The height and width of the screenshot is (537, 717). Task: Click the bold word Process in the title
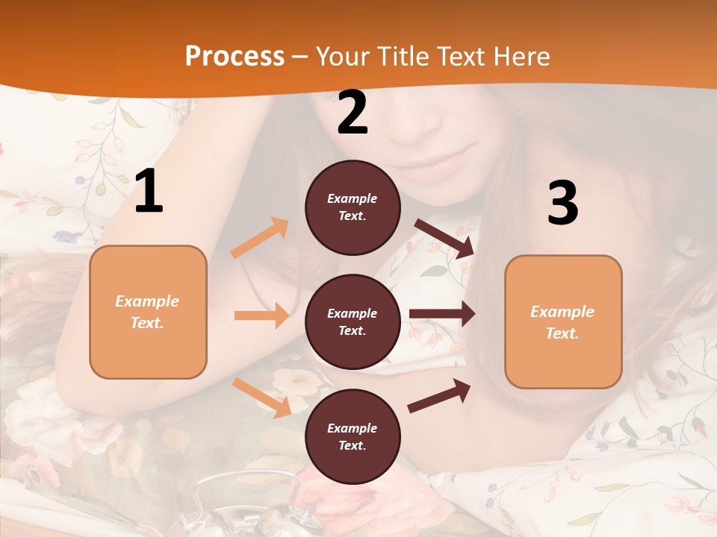pyautogui.click(x=235, y=57)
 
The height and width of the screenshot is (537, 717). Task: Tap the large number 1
pyautogui.click(x=149, y=191)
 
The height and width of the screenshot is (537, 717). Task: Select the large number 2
pyautogui.click(x=353, y=113)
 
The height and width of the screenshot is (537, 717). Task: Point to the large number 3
pyautogui.click(x=562, y=203)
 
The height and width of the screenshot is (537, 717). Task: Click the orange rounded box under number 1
pyautogui.click(x=148, y=312)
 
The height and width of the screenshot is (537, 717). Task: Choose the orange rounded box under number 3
pyautogui.click(x=563, y=321)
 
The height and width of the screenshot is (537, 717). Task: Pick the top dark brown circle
pyautogui.click(x=353, y=207)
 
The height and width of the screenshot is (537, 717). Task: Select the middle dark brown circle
pyautogui.click(x=353, y=321)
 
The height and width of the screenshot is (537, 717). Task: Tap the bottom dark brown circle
pyautogui.click(x=353, y=436)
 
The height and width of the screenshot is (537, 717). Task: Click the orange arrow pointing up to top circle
pyautogui.click(x=260, y=238)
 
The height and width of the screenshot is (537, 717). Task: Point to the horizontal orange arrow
pyautogui.click(x=261, y=315)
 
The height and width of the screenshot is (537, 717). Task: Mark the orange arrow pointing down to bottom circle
pyautogui.click(x=262, y=398)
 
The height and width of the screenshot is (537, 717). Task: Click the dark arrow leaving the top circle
pyautogui.click(x=444, y=238)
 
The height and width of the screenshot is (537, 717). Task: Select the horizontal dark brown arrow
pyautogui.click(x=441, y=314)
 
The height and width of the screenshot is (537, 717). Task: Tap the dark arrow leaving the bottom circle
pyautogui.click(x=439, y=396)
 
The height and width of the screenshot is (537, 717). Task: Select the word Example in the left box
pyautogui.click(x=147, y=301)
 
